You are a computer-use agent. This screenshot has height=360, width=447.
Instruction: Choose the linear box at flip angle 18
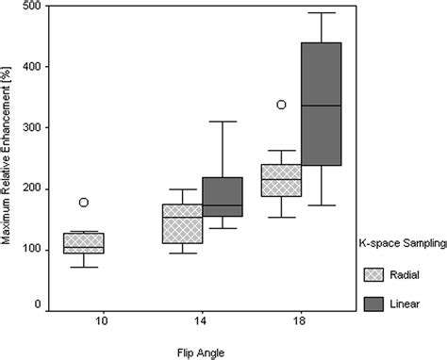click(321, 104)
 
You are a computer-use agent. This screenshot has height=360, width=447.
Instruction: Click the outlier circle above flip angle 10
click(84, 202)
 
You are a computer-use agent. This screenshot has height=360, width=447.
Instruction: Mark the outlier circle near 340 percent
click(280, 105)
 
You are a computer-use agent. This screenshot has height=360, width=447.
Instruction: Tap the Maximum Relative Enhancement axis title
click(8, 156)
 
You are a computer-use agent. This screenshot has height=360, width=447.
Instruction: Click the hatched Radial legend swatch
click(372, 274)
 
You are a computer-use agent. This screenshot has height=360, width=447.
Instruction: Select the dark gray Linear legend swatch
click(372, 303)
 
